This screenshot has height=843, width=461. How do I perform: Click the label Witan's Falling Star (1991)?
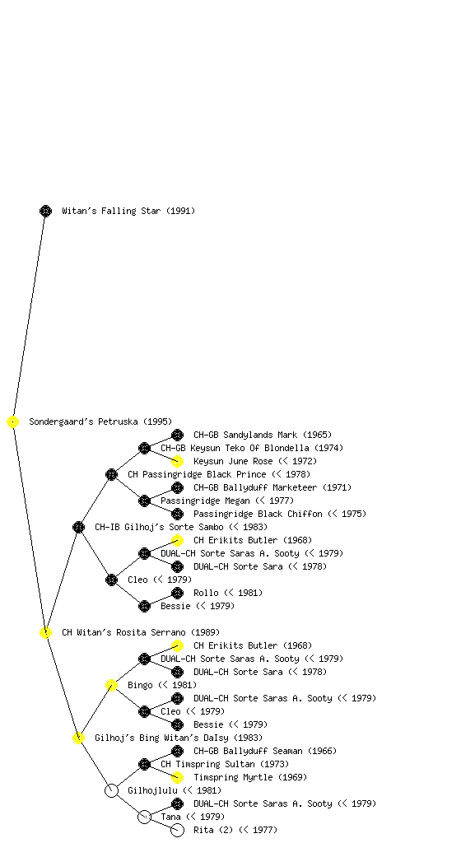[128, 211]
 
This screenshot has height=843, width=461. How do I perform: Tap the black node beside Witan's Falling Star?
[45, 211]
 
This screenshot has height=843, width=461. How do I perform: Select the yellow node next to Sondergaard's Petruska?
[13, 421]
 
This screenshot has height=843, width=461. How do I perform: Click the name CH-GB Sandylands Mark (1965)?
[263, 435]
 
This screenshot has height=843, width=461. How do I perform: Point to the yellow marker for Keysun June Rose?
[177, 461]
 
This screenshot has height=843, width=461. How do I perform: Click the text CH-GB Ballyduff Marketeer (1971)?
[272, 487]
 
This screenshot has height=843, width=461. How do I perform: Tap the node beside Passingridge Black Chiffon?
[177, 514]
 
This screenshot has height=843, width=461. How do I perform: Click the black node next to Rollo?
[177, 593]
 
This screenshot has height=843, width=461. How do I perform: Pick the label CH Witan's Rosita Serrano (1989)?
[141, 632]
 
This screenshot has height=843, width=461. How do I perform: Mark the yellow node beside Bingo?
[111, 685]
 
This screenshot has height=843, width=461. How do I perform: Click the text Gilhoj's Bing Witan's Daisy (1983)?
[179, 738]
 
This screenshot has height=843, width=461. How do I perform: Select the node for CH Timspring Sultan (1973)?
[144, 764]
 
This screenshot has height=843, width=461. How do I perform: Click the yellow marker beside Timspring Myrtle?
[177, 777]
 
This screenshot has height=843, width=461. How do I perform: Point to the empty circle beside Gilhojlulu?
[111, 797]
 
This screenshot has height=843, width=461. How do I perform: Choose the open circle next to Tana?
[144, 823]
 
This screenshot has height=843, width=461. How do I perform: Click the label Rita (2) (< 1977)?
[235, 830]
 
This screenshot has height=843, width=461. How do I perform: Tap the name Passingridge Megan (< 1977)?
[227, 501]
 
